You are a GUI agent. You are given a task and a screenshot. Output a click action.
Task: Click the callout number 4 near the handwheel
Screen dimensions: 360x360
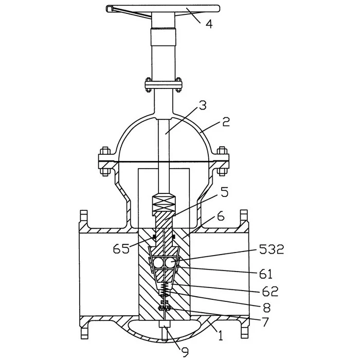(x=209, y=24)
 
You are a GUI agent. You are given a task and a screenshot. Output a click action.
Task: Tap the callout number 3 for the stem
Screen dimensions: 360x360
(x=203, y=105)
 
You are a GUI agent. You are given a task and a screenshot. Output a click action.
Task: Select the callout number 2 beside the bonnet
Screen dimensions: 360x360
(x=226, y=122)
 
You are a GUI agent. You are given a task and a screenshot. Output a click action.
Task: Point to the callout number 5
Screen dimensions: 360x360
(x=225, y=192)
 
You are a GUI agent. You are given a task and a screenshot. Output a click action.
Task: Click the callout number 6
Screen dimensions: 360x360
(x=221, y=217)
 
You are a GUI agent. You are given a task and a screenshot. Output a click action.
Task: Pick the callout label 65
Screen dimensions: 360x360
(x=121, y=248)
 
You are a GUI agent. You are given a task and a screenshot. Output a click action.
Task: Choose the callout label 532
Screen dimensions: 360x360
(x=272, y=249)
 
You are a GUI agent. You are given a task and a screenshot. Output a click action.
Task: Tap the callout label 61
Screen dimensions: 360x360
(x=266, y=274)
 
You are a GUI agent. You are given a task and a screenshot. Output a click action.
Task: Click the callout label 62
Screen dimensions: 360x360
(x=270, y=291)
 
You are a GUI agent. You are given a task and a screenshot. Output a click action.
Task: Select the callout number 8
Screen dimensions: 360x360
(x=267, y=308)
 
